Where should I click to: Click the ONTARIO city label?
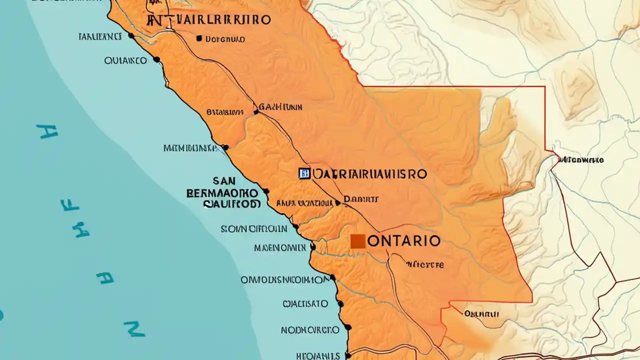pyautogui.click(x=404, y=241)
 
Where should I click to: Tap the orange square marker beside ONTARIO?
pyautogui.click(x=358, y=241)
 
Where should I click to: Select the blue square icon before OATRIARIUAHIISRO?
pyautogui.click(x=303, y=173)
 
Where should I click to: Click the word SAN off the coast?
pyautogui.click(x=224, y=180)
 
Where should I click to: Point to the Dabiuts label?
pyautogui.click(x=361, y=199)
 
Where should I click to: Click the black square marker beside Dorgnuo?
pyautogui.click(x=199, y=38)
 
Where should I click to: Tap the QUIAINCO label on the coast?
pyautogui.click(x=125, y=60)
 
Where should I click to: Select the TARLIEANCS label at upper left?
pyautogui.click(x=100, y=36)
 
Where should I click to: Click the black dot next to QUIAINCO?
pyautogui.click(x=156, y=59)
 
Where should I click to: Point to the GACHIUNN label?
pyautogui.click(x=280, y=107)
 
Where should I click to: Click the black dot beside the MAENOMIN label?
pyautogui.click(x=313, y=246)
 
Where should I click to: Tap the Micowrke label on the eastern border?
pyautogui.click(x=581, y=160)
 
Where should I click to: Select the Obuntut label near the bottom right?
pyautogui.click(x=481, y=314)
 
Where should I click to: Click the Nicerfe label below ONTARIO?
pyautogui.click(x=424, y=264)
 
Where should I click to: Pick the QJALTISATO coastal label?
pyautogui.click(x=305, y=303)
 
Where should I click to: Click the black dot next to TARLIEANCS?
pyautogui.click(x=131, y=35)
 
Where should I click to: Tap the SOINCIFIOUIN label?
pyautogui.click(x=254, y=228)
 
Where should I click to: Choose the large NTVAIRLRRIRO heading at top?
pyautogui.click(x=209, y=20)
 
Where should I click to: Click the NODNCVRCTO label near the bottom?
pyautogui.click(x=310, y=330)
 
